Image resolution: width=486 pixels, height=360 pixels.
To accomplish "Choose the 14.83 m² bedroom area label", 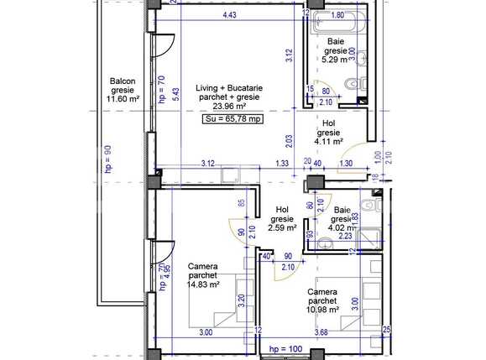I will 204,284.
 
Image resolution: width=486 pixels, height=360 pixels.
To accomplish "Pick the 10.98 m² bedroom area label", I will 323,309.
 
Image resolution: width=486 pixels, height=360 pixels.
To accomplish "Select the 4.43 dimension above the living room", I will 228,14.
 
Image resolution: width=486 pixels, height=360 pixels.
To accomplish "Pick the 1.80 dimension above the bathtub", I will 337,14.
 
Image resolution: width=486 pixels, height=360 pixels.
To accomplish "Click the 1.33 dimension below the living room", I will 282,163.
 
